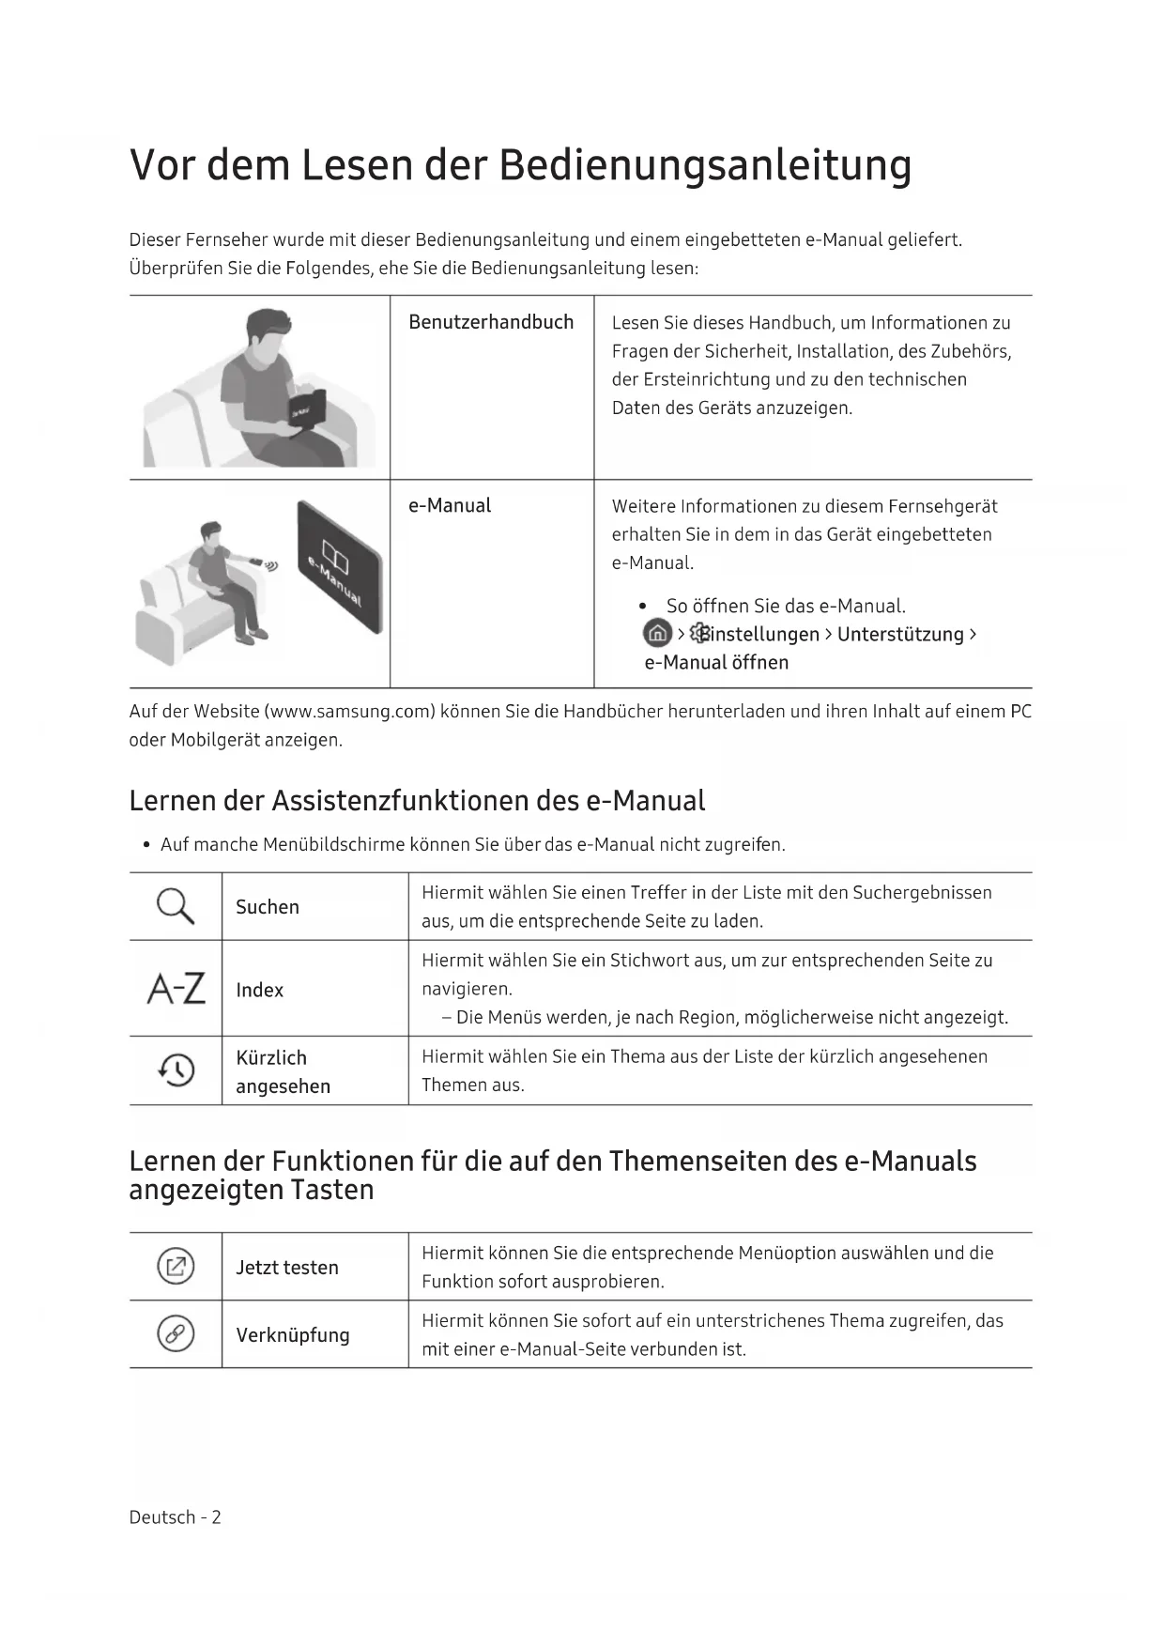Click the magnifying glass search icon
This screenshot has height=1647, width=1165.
pos(176,906)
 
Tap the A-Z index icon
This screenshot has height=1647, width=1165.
pos(176,989)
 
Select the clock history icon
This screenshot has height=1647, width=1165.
pos(176,1070)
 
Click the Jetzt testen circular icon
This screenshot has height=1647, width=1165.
pos(176,1266)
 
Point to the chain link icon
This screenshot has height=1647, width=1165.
pos(176,1333)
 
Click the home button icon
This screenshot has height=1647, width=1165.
pos(657,634)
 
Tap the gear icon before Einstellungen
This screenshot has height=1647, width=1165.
pos(699,634)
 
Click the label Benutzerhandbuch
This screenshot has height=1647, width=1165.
pos(491,322)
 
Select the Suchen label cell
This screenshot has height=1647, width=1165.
pos(268,907)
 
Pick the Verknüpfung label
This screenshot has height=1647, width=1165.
pos(293,1335)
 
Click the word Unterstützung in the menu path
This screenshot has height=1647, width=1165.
pos(900,634)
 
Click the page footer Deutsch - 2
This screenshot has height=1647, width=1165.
pos(176,1517)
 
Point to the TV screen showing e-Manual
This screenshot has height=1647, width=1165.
pos(340,566)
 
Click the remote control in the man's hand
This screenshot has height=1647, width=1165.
pos(256,562)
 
